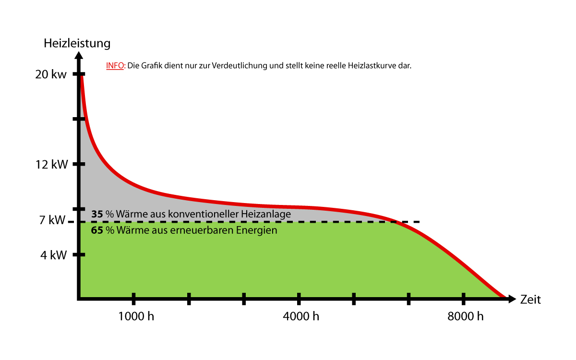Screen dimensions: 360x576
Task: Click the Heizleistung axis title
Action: click(77, 43)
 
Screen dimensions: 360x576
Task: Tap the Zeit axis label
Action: click(530, 300)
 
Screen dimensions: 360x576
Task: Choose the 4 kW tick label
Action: click(53, 255)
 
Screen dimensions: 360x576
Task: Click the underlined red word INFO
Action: click(115, 66)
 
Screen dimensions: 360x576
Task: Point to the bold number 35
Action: click(97, 214)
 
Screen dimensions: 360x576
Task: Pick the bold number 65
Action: click(97, 230)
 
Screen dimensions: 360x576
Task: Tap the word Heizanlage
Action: click(266, 214)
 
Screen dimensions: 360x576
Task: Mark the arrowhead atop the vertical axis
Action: click(79, 54)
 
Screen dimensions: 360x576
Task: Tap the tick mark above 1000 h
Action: click(133, 299)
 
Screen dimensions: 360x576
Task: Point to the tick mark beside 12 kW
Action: click(79, 164)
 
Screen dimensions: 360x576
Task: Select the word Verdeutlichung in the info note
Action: click(238, 66)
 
